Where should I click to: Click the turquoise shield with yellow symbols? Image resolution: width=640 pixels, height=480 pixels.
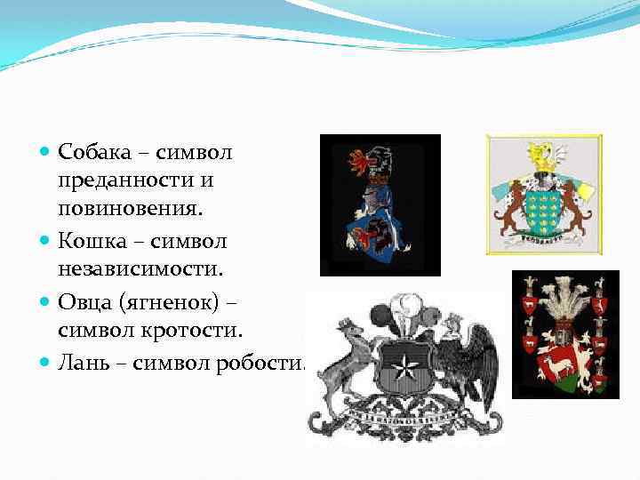coord(545,205)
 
